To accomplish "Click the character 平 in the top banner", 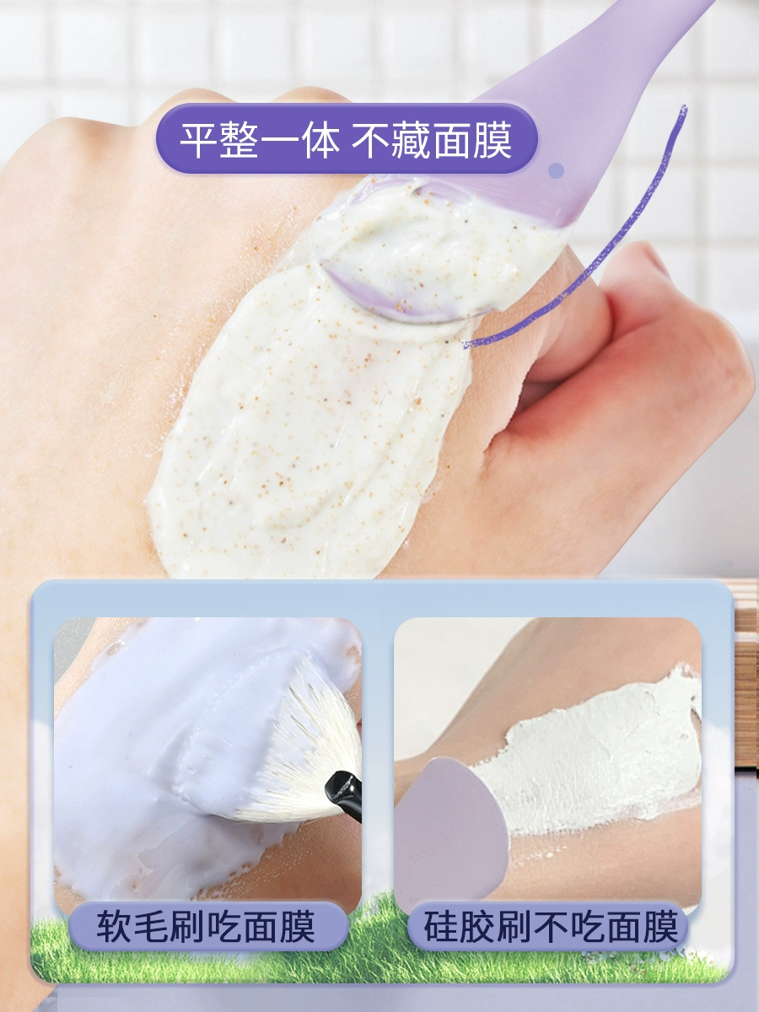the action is pyautogui.click(x=199, y=139).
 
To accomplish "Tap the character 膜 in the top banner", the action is pyautogui.click(x=493, y=139).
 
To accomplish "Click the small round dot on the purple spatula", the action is pyautogui.click(x=557, y=170).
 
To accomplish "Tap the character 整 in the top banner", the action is pyautogui.click(x=239, y=139).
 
